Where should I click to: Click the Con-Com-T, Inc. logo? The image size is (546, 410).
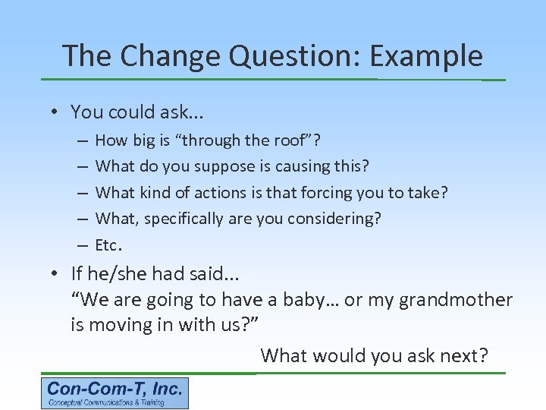tap(115, 393)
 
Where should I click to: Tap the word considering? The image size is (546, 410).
tap(340, 219)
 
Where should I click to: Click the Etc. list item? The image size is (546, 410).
tap(108, 245)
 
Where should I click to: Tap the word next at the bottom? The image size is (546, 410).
tap(462, 355)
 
